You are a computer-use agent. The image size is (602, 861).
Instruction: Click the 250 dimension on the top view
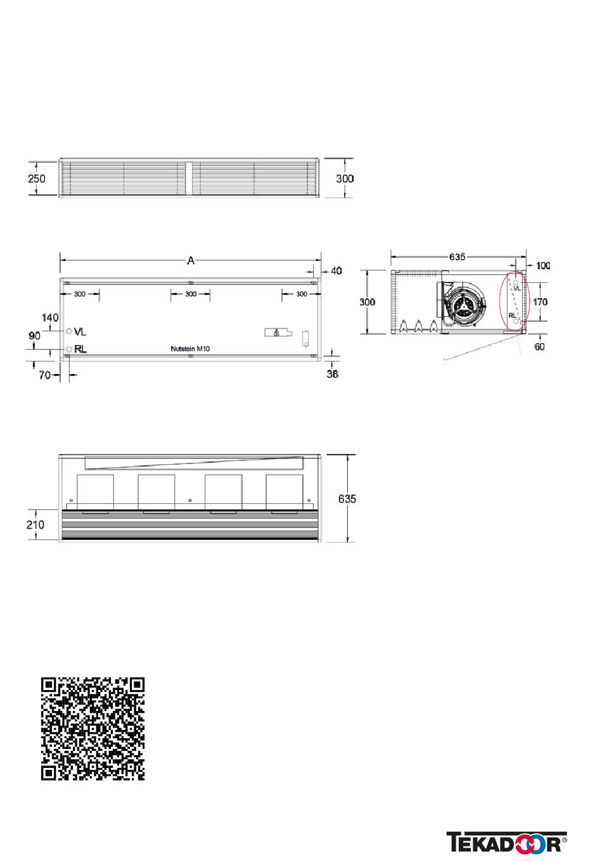tap(37, 179)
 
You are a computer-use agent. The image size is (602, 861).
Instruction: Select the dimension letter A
tap(191, 261)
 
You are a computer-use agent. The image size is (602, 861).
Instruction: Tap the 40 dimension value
tap(336, 271)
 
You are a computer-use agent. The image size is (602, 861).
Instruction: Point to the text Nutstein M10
tap(190, 349)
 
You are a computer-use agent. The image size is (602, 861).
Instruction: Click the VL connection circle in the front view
tap(69, 331)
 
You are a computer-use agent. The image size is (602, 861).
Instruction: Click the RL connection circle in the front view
tap(69, 349)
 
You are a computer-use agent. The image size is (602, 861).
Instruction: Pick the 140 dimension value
tap(50, 318)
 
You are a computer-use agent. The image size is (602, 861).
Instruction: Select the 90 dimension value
tap(34, 336)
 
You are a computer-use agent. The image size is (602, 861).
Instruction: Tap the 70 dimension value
tap(44, 375)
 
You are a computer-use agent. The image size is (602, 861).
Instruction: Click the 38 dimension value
tap(332, 374)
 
